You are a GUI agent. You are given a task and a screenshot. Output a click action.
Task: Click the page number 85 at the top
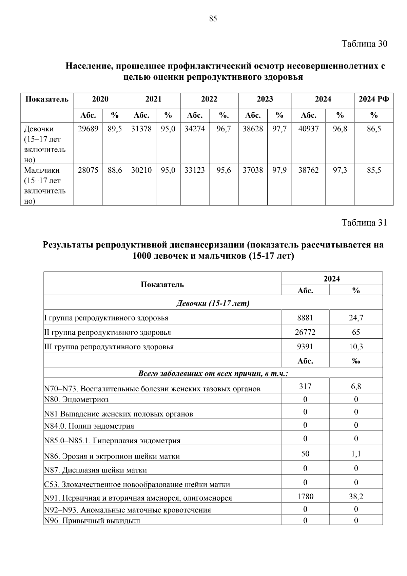point(213,19)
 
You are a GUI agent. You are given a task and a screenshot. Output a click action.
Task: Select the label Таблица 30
point(364,44)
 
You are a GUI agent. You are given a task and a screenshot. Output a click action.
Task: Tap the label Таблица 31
point(364,223)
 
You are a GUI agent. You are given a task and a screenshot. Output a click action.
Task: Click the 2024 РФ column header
point(374,99)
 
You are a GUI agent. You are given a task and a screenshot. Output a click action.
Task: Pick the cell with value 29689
point(88,129)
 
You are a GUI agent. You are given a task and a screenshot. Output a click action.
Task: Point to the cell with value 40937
point(308,129)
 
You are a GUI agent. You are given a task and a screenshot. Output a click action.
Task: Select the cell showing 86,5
point(374,129)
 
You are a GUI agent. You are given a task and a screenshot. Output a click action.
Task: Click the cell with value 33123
point(195,170)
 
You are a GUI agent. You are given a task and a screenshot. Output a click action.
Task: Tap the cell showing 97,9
point(279,170)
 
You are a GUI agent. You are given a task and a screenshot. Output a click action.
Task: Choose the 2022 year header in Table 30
point(209,99)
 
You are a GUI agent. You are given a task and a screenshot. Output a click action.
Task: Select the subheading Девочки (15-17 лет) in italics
point(213,303)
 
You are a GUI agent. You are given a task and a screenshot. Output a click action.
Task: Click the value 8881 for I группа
point(305,318)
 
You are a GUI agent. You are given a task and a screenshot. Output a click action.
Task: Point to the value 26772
point(305,332)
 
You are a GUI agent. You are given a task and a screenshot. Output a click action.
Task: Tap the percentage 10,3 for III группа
point(356,347)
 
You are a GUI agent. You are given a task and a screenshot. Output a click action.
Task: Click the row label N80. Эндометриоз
point(77,400)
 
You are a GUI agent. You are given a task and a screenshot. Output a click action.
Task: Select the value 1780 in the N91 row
point(305,497)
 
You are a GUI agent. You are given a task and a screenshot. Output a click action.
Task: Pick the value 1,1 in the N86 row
point(356,454)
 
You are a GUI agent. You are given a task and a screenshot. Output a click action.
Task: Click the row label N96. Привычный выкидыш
point(92,521)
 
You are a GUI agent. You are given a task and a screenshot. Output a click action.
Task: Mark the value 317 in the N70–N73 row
point(305,386)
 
